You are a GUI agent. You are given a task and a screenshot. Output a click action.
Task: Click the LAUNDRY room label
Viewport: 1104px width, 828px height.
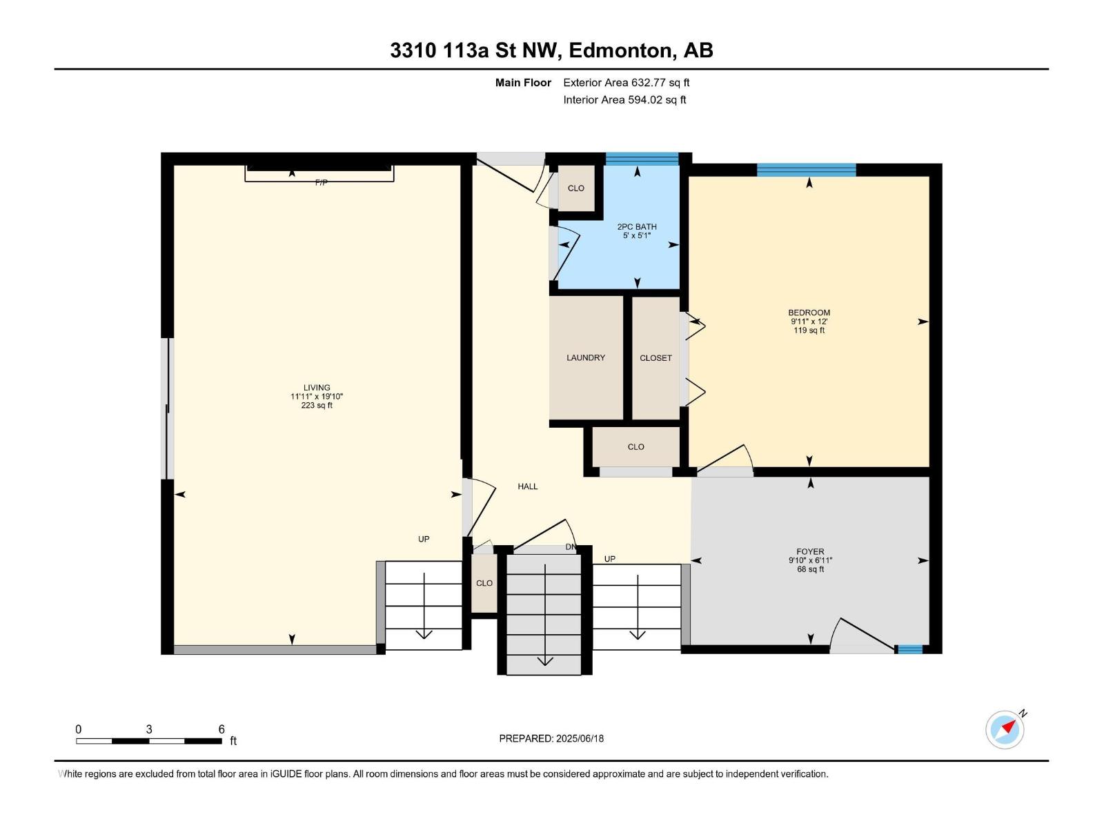tap(585, 357)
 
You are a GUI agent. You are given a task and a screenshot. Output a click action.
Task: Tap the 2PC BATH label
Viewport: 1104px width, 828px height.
tap(637, 227)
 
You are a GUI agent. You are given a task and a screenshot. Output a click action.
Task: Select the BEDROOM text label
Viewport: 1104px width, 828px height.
tap(809, 313)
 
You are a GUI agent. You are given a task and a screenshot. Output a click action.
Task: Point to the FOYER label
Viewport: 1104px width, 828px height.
tap(810, 551)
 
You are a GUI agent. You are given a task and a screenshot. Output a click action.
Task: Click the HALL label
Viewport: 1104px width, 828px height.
tap(528, 486)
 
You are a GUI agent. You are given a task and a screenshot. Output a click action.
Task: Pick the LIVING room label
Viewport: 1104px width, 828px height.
tap(317, 388)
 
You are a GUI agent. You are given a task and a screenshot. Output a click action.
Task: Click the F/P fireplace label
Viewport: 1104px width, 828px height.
tap(322, 182)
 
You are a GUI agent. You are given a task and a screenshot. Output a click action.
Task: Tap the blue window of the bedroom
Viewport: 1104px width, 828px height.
tap(806, 170)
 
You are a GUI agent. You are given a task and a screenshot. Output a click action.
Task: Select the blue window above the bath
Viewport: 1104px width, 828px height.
tap(642, 159)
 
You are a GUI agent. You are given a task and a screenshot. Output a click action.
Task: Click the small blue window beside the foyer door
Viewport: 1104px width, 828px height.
tap(910, 649)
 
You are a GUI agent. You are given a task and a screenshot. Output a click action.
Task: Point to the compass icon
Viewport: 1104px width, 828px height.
tap(1005, 729)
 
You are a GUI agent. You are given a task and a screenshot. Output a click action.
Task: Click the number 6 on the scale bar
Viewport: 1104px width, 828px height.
tap(221, 729)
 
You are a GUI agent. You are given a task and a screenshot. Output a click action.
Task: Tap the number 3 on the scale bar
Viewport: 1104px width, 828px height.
tap(149, 729)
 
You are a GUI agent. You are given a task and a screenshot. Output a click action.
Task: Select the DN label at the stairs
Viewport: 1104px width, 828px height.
tap(571, 547)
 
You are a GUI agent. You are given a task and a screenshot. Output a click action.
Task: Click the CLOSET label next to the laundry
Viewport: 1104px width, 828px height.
tap(656, 358)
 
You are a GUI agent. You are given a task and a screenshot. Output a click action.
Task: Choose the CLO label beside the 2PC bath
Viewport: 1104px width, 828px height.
tap(576, 188)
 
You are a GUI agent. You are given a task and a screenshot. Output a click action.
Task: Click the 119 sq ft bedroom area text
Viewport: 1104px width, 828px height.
tap(809, 331)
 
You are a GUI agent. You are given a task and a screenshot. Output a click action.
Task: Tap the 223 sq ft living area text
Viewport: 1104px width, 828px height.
tap(317, 405)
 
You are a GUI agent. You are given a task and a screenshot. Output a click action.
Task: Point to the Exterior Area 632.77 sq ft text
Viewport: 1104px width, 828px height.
tap(627, 82)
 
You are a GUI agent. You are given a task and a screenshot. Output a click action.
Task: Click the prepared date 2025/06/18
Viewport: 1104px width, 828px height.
tap(580, 738)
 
